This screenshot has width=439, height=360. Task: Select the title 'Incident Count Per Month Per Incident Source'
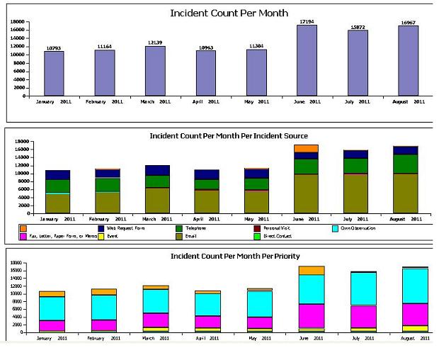pyautogui.click(x=229, y=135)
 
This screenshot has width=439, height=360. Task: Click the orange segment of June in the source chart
pyautogui.click(x=307, y=148)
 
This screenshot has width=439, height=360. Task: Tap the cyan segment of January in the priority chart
pyautogui.click(x=52, y=308)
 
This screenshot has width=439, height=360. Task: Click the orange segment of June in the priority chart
pyautogui.click(x=312, y=271)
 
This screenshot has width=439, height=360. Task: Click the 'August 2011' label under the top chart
pyautogui.click(x=409, y=101)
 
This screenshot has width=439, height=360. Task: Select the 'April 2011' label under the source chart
pyautogui.click(x=205, y=219)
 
